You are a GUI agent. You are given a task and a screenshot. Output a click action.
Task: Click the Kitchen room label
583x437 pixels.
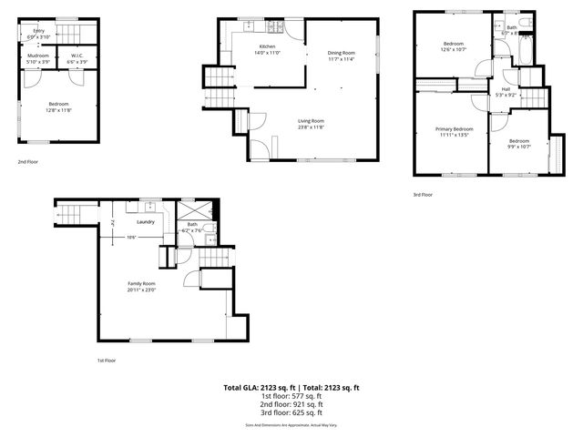pyautogui.click(x=267, y=46)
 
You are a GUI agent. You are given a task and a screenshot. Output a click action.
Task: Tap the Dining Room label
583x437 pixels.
pyautogui.click(x=342, y=53)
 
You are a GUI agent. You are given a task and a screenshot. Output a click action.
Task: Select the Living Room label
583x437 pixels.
pyautogui.click(x=312, y=121)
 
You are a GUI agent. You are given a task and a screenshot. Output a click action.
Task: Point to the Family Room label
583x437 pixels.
pyautogui.click(x=141, y=284)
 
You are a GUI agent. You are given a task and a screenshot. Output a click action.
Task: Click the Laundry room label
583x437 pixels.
pyautogui.click(x=145, y=221)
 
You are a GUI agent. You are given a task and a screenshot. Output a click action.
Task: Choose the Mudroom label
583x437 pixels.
pyautogui.click(x=38, y=56)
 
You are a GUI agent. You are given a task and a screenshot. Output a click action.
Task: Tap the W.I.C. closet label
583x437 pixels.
pyautogui.click(x=77, y=56)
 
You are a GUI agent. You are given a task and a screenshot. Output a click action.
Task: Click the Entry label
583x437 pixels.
pyautogui.click(x=39, y=31)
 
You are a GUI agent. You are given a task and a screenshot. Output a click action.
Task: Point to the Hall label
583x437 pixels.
pyautogui.click(x=506, y=88)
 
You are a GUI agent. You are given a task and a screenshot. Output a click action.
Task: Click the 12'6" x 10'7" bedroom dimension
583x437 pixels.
pyautogui.click(x=454, y=49)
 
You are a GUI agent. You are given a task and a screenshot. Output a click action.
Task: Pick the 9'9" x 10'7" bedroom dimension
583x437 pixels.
pyautogui.click(x=519, y=146)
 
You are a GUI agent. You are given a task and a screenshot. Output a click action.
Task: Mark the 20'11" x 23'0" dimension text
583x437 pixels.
pyautogui.click(x=141, y=290)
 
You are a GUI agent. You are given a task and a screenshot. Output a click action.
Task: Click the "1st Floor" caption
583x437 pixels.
pyautogui.click(x=107, y=361)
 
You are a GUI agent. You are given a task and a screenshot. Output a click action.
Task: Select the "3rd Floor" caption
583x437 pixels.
pyautogui.click(x=423, y=194)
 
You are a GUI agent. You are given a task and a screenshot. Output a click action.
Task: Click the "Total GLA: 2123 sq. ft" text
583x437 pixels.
pyautogui.click(x=259, y=388)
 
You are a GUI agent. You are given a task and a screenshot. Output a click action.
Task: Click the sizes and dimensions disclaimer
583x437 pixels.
pyautogui.click(x=291, y=425)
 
